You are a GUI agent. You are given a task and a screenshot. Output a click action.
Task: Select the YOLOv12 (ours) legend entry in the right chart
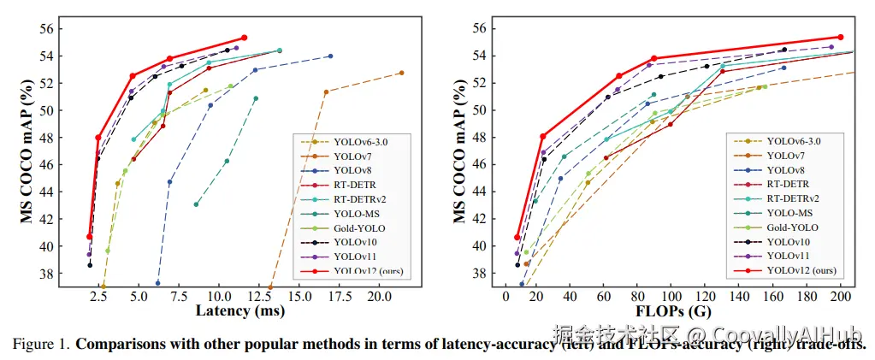[x=801, y=270]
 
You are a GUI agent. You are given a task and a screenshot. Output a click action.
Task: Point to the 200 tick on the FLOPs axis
[x=840, y=296]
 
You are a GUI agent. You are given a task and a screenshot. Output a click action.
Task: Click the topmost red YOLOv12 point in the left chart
[x=244, y=38]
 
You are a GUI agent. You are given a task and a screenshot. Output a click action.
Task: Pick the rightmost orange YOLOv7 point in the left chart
[x=401, y=73]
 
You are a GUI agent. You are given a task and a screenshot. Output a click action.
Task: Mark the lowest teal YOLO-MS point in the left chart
[x=196, y=204]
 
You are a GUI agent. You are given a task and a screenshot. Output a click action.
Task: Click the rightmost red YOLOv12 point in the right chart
[x=841, y=38]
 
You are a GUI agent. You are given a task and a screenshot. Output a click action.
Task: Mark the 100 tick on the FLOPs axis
[x=671, y=296]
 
